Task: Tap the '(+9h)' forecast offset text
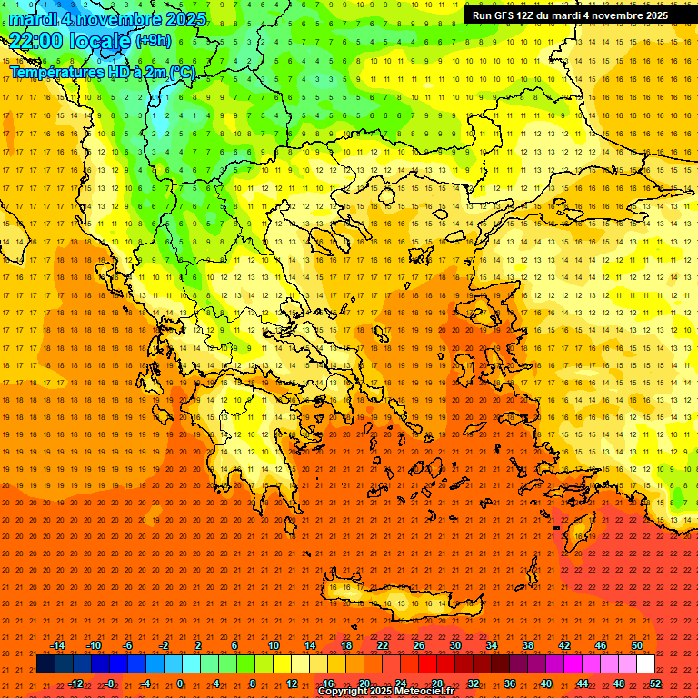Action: coord(152,40)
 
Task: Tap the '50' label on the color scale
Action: coord(636,645)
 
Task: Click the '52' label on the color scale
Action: coord(655,683)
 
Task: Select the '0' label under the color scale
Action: coord(180,683)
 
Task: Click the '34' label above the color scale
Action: coord(491,645)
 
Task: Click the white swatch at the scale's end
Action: coord(645,664)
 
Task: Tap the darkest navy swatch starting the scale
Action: coord(45,664)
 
